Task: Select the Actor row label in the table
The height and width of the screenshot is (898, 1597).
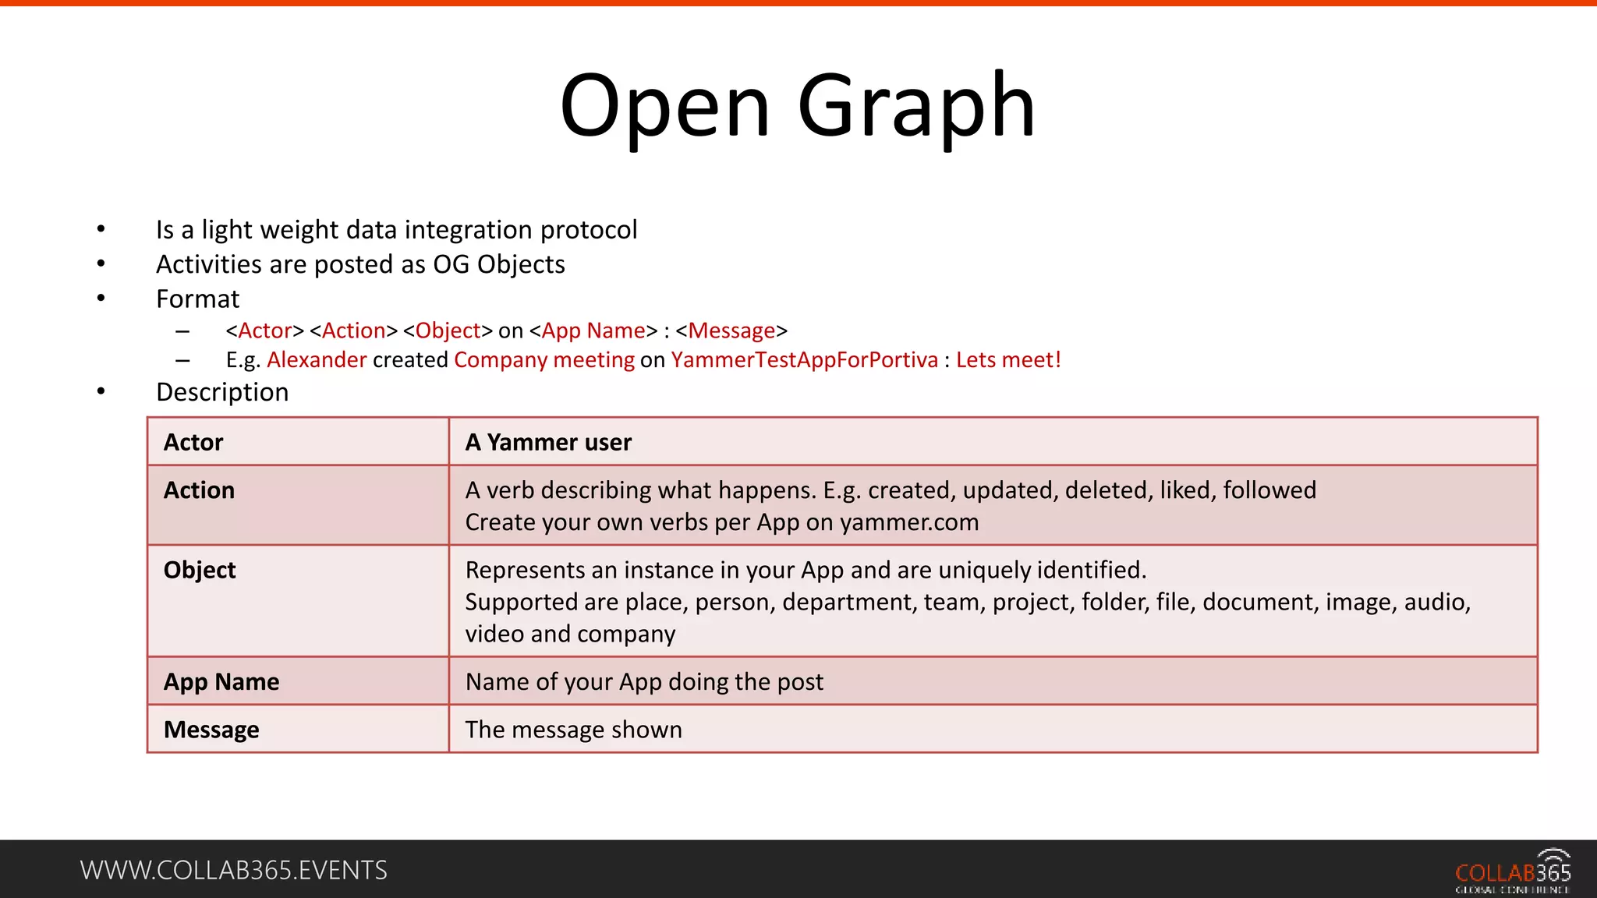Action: click(x=193, y=443)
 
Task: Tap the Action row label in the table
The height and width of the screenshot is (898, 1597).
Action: click(x=199, y=490)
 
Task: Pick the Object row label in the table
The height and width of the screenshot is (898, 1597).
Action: click(x=200, y=570)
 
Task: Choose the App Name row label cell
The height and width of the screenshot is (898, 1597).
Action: click(x=221, y=682)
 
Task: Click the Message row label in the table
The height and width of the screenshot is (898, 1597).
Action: click(x=211, y=730)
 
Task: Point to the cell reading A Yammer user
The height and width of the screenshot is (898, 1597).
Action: click(x=548, y=443)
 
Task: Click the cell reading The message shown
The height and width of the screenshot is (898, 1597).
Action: click(x=573, y=730)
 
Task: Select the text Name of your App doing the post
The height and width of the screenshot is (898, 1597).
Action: click(x=644, y=682)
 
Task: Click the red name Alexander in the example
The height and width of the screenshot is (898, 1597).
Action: click(x=317, y=360)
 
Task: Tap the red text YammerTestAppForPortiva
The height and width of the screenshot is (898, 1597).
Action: click(x=804, y=360)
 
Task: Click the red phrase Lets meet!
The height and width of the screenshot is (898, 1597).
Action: click(x=1008, y=360)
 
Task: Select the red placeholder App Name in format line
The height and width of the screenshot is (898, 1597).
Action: click(x=593, y=331)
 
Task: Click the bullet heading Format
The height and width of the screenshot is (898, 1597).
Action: click(x=197, y=299)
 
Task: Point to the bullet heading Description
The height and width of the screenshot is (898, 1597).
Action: click(x=222, y=392)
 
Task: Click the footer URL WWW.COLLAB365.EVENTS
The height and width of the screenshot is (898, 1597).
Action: click(x=233, y=870)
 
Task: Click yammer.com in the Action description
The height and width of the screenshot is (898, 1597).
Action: click(x=909, y=522)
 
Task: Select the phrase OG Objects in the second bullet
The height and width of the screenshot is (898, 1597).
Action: click(x=499, y=265)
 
